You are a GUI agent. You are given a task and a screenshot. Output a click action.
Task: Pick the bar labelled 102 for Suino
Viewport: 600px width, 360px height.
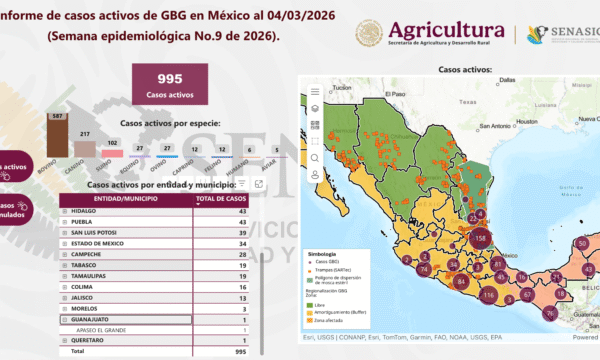[x=112, y=151]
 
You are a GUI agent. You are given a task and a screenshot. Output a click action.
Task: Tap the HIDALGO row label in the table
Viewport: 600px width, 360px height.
[x=85, y=210]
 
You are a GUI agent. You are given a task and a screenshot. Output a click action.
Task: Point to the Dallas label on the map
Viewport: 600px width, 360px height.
[x=509, y=80]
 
